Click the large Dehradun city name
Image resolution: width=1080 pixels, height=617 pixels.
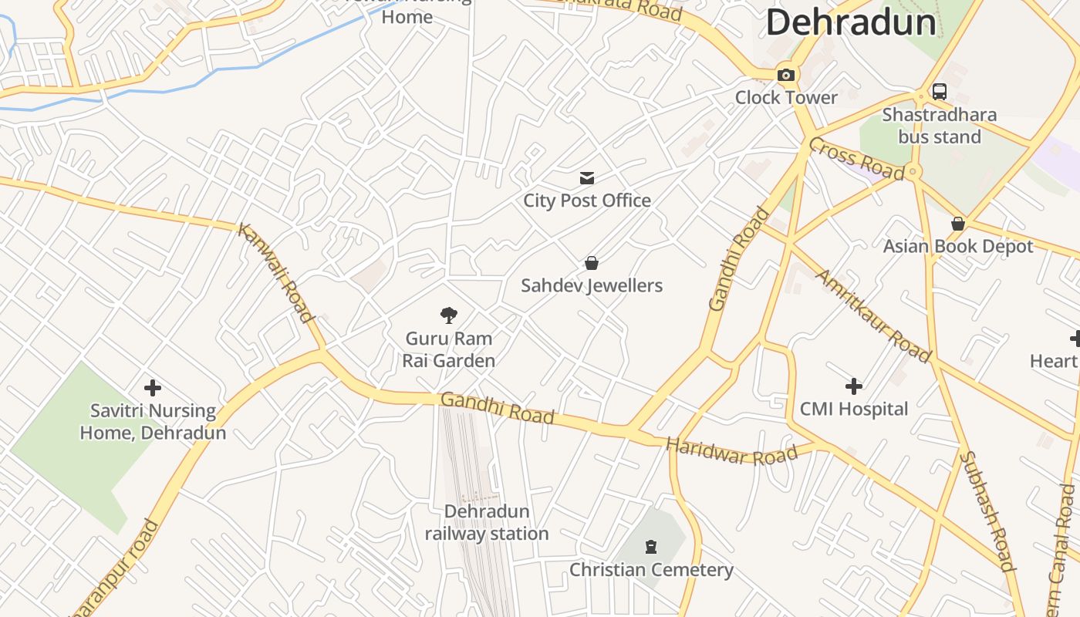point(851,22)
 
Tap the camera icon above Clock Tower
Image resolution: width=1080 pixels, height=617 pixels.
point(786,75)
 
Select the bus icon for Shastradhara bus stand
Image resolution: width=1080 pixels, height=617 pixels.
point(939,91)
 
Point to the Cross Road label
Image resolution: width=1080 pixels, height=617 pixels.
point(856,159)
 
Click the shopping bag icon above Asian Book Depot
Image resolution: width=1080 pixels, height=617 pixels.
point(957,224)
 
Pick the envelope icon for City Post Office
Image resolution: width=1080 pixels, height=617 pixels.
point(587,179)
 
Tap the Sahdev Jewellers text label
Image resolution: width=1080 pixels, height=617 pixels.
point(592,285)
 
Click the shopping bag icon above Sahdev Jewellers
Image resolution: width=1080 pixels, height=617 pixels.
point(592,263)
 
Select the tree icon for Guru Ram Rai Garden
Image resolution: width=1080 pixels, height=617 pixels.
point(448,315)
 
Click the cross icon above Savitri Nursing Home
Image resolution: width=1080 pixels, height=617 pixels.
point(153,387)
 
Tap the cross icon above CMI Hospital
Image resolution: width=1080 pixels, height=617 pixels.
point(853,386)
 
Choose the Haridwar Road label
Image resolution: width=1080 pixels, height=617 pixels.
point(731,452)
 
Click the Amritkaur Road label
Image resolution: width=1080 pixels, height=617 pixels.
point(874,315)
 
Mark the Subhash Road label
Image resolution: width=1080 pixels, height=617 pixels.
point(986,511)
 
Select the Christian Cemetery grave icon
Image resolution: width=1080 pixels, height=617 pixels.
point(651,547)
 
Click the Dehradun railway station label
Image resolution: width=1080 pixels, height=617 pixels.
point(487,522)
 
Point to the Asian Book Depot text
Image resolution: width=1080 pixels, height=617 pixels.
point(957,246)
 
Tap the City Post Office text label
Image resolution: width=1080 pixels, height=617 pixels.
point(587,201)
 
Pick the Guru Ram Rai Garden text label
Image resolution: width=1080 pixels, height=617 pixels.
point(449,349)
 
